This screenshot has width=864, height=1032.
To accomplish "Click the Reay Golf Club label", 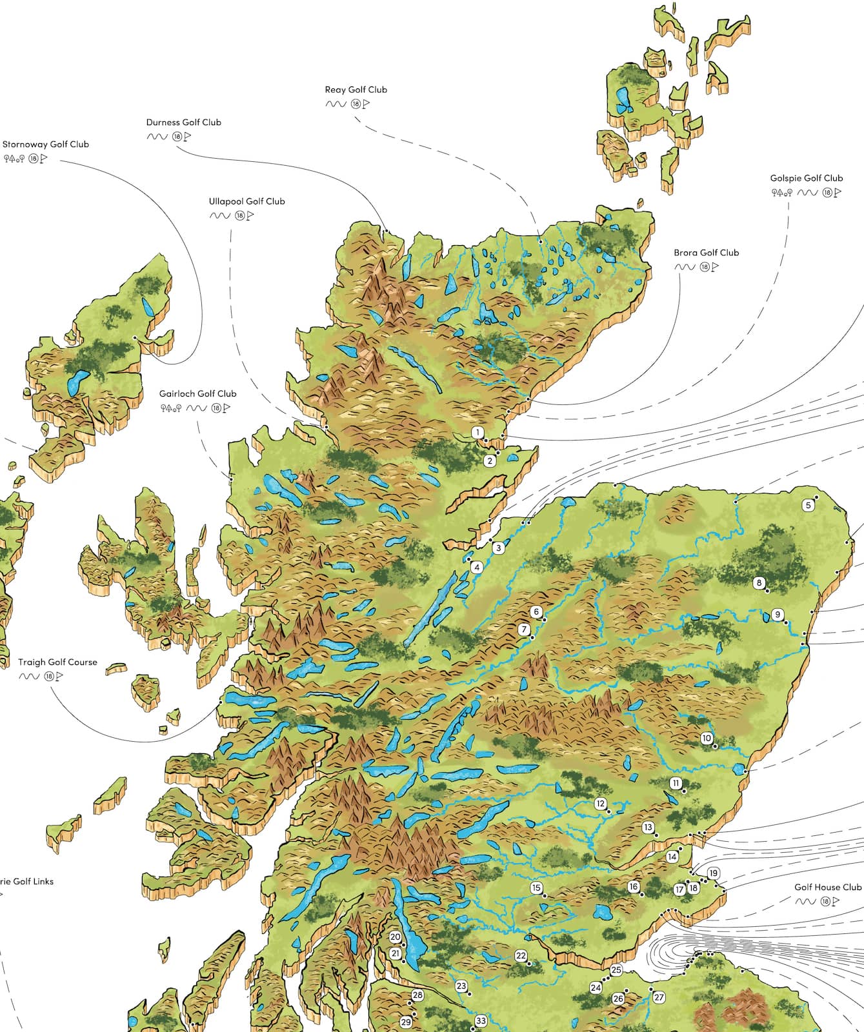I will click(x=356, y=90).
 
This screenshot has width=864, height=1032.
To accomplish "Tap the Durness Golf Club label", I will click(x=183, y=122).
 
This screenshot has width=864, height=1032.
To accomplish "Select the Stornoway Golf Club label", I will click(x=46, y=144).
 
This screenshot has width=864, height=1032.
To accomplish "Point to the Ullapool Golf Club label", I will click(x=246, y=201).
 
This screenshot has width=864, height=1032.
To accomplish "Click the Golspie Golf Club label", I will click(x=806, y=178).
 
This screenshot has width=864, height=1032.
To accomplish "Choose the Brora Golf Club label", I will click(x=706, y=253).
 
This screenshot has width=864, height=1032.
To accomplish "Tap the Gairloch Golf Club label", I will click(x=197, y=393).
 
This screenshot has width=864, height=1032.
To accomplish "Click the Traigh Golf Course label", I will click(x=57, y=662).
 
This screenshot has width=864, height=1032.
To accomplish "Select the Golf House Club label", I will click(x=827, y=887).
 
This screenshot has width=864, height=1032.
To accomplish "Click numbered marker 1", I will click(x=477, y=432).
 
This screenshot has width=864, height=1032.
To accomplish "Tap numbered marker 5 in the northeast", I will click(x=808, y=505).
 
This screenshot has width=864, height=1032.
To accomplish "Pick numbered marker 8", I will click(x=759, y=582).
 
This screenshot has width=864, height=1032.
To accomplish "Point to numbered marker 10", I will click(x=706, y=739).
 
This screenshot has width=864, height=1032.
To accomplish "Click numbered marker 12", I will click(x=601, y=804).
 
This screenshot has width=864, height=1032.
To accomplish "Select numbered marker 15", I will click(x=536, y=888).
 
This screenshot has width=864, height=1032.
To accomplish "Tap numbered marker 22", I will click(x=521, y=956).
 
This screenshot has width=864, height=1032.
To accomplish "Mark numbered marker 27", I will click(x=658, y=997).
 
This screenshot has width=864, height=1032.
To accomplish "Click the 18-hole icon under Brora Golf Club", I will click(x=705, y=267).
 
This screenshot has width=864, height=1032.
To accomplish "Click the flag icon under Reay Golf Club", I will click(x=367, y=104).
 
